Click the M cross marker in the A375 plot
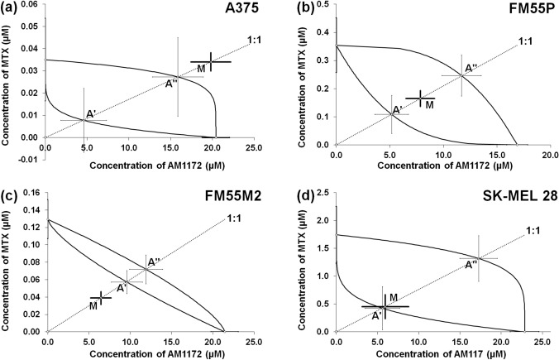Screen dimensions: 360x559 (211, 62)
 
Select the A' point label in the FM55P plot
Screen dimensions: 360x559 (397, 109)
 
